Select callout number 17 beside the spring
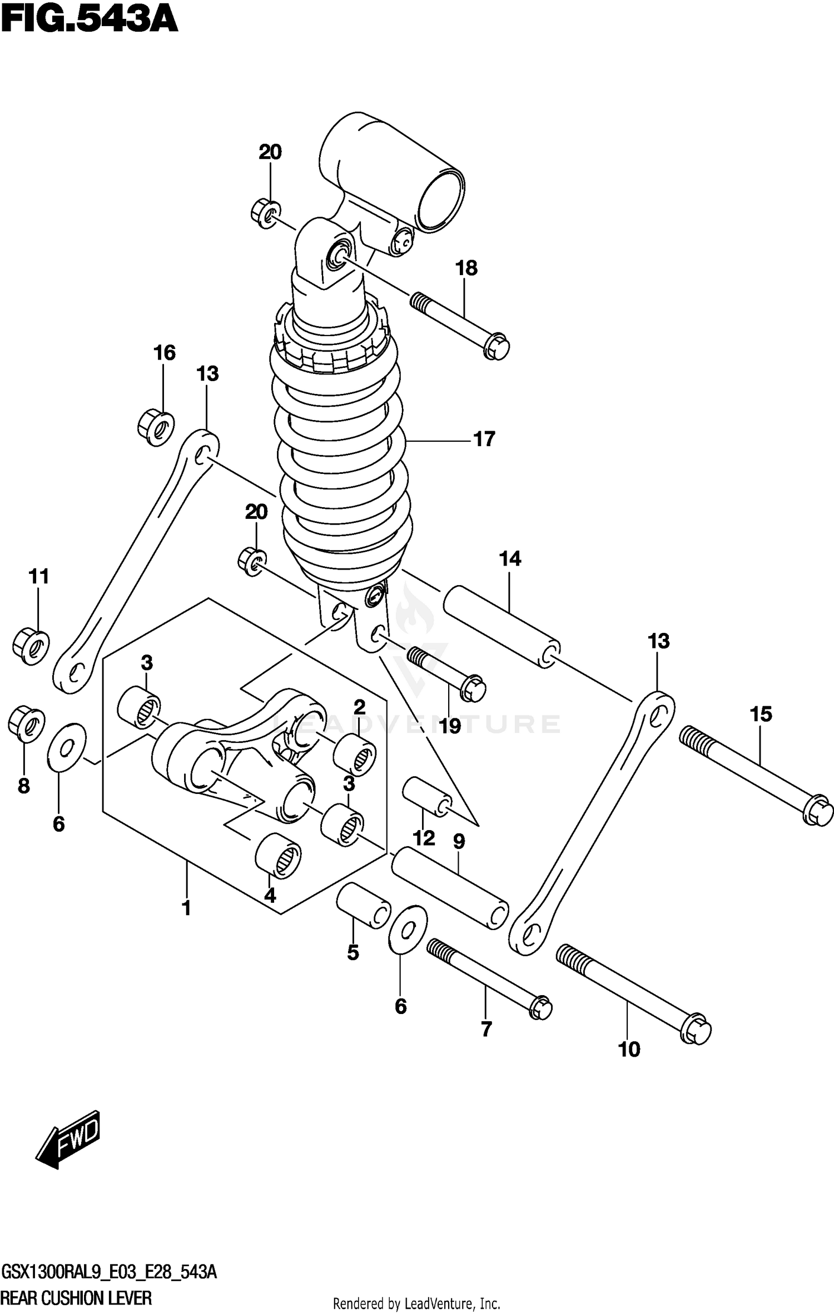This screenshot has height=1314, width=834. [x=484, y=439]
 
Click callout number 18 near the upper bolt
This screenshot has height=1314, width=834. [x=466, y=268]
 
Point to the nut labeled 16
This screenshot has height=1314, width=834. [x=156, y=427]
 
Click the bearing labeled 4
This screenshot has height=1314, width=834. [x=278, y=856]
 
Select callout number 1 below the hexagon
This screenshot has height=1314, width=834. [x=186, y=908]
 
